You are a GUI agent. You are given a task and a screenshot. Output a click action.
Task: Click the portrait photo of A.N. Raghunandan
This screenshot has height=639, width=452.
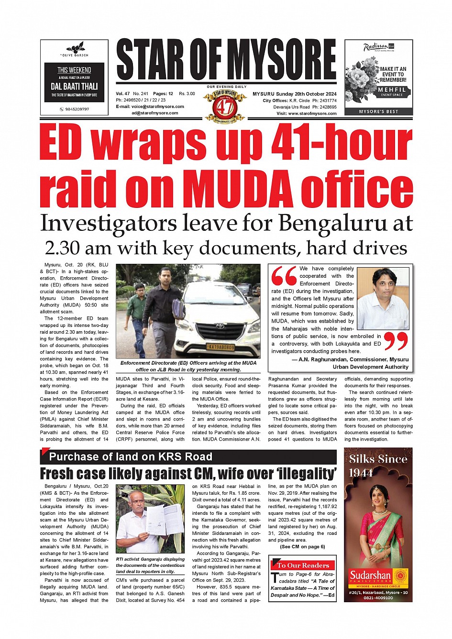(383, 298)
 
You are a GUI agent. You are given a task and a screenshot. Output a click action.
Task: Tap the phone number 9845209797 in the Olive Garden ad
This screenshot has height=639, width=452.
(77, 109)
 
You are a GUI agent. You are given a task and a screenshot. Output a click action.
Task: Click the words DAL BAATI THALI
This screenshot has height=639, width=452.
(74, 87)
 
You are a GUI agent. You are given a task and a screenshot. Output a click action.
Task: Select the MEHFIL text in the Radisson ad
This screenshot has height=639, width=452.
(392, 89)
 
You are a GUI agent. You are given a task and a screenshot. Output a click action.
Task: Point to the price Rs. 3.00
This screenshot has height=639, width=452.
(187, 94)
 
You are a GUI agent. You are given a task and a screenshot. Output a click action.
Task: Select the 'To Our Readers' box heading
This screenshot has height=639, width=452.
(303, 565)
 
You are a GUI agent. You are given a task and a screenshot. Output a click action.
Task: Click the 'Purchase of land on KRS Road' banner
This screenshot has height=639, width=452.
(131, 456)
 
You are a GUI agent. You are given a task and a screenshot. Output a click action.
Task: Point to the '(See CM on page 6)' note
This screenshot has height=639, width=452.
(302, 546)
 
